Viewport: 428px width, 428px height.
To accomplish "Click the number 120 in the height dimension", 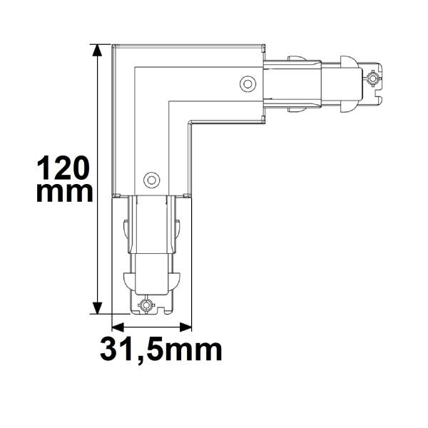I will click(62, 168).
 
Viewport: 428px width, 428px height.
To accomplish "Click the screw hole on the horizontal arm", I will click(248, 83).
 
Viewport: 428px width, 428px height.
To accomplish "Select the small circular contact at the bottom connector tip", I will click(146, 305).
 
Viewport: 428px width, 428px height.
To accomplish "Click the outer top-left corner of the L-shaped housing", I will click(113, 46).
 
